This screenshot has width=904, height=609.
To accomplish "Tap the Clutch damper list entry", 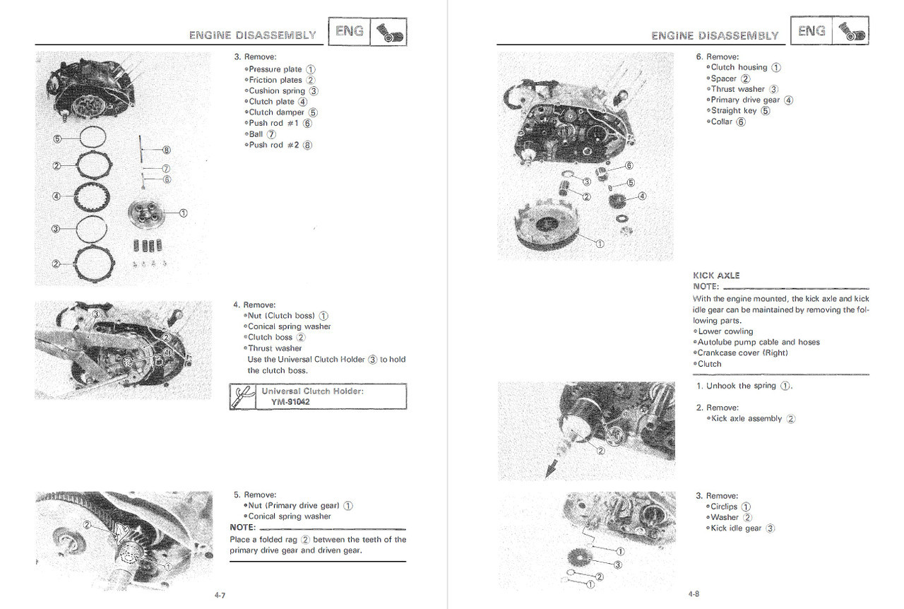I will point(276,112).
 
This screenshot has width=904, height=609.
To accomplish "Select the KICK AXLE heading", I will point(716,276).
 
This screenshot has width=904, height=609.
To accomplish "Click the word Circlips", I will point(724,507).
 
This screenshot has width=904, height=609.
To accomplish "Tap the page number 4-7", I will point(221,595).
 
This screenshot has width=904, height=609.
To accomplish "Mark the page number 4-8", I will point(694,594).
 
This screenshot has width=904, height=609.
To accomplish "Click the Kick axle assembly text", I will point(747,419).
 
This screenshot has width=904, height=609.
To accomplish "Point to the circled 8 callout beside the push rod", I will point(167,150).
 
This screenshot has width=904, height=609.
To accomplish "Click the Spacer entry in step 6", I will point(724,78).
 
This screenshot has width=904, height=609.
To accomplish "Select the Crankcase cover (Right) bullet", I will point(742,353).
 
